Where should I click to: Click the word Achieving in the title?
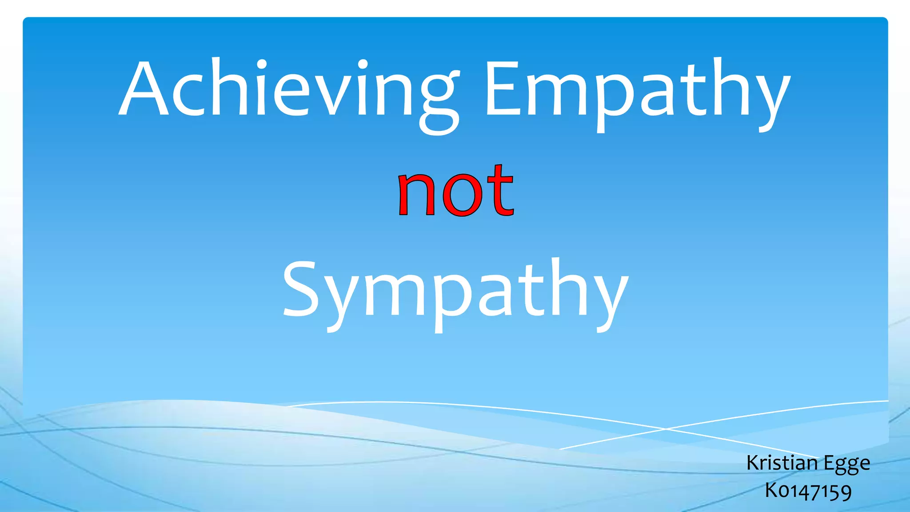coord(289,89)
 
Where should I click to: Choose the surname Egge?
coord(847,464)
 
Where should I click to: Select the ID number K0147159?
coord(808,491)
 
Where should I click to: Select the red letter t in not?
coord(500,191)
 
